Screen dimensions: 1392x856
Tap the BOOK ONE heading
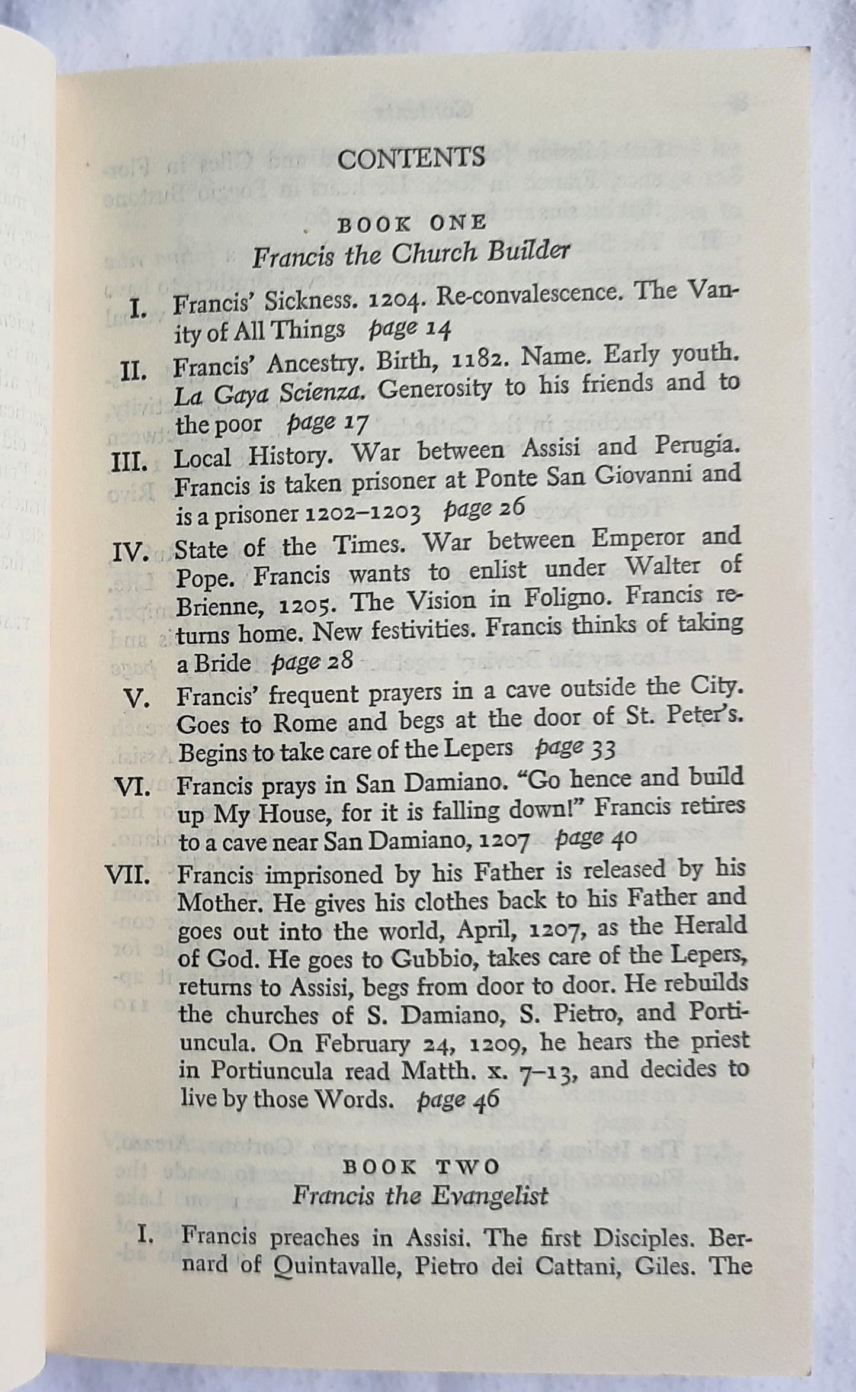tap(411, 223)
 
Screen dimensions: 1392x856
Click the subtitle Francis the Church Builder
tap(411, 254)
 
